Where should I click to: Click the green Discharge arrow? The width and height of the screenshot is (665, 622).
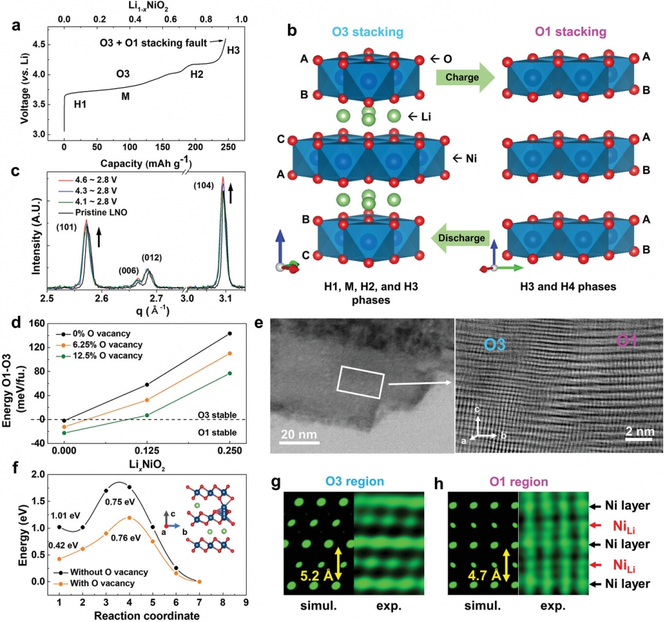465,237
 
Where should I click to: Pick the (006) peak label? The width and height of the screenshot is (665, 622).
132,270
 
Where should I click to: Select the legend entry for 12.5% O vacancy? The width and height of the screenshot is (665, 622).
112,355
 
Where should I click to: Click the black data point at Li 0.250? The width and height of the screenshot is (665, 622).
230,333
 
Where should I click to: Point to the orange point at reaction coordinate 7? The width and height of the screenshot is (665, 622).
199,581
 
